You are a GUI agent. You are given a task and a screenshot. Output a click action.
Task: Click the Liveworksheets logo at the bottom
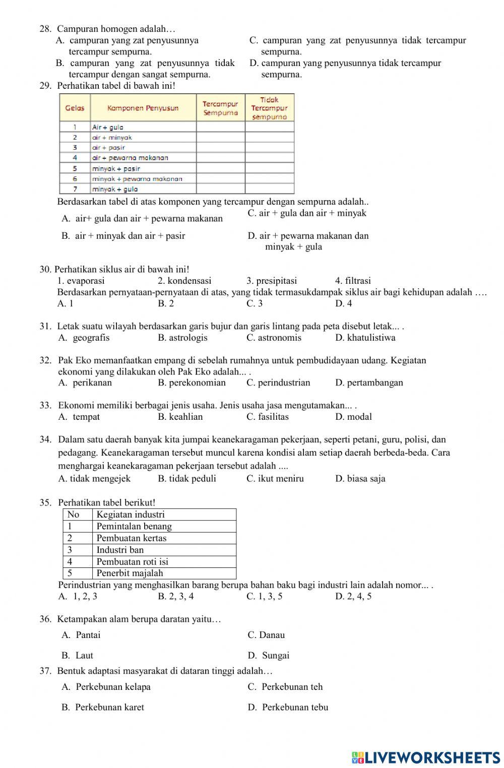coord(426,757)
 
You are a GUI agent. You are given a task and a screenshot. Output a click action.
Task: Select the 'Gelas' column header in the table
coord(75,108)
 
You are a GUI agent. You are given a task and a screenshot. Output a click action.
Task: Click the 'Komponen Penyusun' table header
coord(143,108)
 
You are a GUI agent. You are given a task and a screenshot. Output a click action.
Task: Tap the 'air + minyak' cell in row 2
coord(112,137)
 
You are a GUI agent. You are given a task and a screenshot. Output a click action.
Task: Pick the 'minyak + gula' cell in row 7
coord(115,189)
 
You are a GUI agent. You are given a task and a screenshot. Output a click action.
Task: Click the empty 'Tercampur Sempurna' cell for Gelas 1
coord(220,127)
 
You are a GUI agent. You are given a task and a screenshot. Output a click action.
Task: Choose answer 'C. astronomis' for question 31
coord(274,338)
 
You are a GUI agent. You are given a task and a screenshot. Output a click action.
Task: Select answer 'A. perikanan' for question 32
coord(85,382)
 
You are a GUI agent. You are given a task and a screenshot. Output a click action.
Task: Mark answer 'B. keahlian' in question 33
coord(180,417)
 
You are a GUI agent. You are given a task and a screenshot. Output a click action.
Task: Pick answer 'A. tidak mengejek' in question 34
coord(94,479)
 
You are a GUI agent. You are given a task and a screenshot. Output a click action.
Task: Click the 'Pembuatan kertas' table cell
coord(132,538)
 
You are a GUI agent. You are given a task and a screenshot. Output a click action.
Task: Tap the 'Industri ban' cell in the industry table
coord(120,550)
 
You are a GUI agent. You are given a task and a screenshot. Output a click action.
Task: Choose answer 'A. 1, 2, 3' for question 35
coord(78,597)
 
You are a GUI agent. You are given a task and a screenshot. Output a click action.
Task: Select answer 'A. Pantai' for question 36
coord(81,635)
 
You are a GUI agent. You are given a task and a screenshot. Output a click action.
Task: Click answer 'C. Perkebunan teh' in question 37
coord(285,687)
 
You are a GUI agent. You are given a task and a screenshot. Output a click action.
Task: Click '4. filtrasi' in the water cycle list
coord(353,281)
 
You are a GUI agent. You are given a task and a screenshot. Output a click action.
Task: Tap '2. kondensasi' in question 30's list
coord(184,281)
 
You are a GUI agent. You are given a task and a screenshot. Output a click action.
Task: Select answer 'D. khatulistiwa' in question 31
coord(365,338)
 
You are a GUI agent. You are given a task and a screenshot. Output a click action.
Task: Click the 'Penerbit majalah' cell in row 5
coord(130,573)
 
